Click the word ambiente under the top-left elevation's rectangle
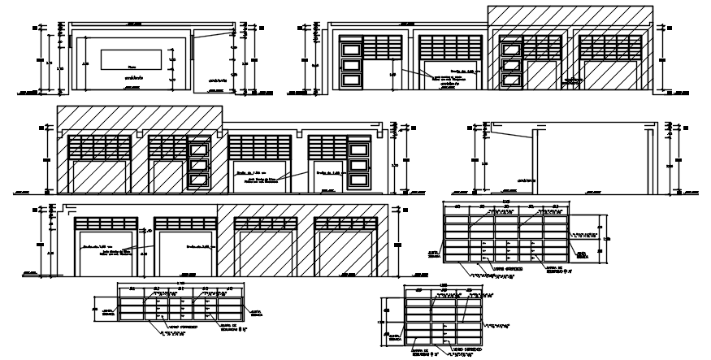point(135,78)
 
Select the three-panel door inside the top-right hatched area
point(511,63)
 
